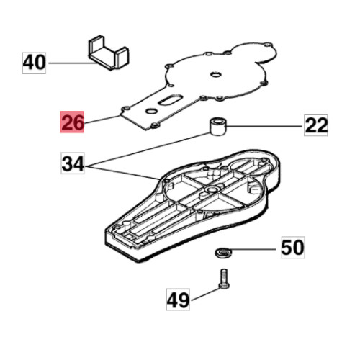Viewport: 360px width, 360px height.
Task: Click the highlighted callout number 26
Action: (x=72, y=122)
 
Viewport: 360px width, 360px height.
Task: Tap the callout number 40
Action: (x=34, y=63)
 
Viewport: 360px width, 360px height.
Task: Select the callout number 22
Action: (x=316, y=125)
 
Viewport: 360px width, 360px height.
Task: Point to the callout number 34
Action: (x=73, y=163)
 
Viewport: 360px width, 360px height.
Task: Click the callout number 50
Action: (x=293, y=248)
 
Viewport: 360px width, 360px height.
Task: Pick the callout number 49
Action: (x=178, y=300)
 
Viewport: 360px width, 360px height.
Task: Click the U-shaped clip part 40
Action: (x=109, y=53)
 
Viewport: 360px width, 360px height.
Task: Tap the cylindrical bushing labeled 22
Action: (x=218, y=127)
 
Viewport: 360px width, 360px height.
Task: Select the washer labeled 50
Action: (x=222, y=253)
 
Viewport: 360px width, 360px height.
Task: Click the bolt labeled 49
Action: (x=224, y=279)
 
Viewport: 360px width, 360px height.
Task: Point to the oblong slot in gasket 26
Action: (x=170, y=100)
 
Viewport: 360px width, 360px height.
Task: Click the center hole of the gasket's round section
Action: (x=215, y=74)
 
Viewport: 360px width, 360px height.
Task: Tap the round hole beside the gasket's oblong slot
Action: (x=151, y=111)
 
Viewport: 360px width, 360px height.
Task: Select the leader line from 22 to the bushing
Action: (x=264, y=126)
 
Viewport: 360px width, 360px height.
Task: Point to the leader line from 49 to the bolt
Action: (x=206, y=294)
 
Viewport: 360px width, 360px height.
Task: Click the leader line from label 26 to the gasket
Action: (x=102, y=120)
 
